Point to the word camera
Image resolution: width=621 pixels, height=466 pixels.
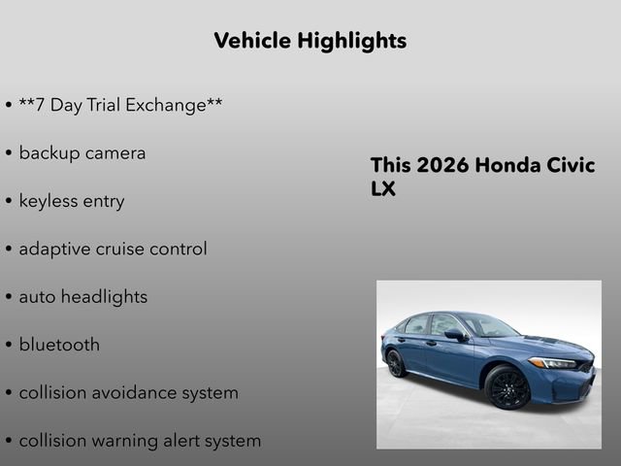click(x=114, y=153)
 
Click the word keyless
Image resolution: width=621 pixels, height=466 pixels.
click(x=48, y=201)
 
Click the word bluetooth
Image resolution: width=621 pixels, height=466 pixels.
click(x=59, y=345)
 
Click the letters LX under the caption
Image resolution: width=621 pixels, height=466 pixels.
click(x=383, y=189)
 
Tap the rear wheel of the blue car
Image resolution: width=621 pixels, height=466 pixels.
click(x=395, y=363)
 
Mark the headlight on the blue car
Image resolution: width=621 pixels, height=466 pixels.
click(x=554, y=362)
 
